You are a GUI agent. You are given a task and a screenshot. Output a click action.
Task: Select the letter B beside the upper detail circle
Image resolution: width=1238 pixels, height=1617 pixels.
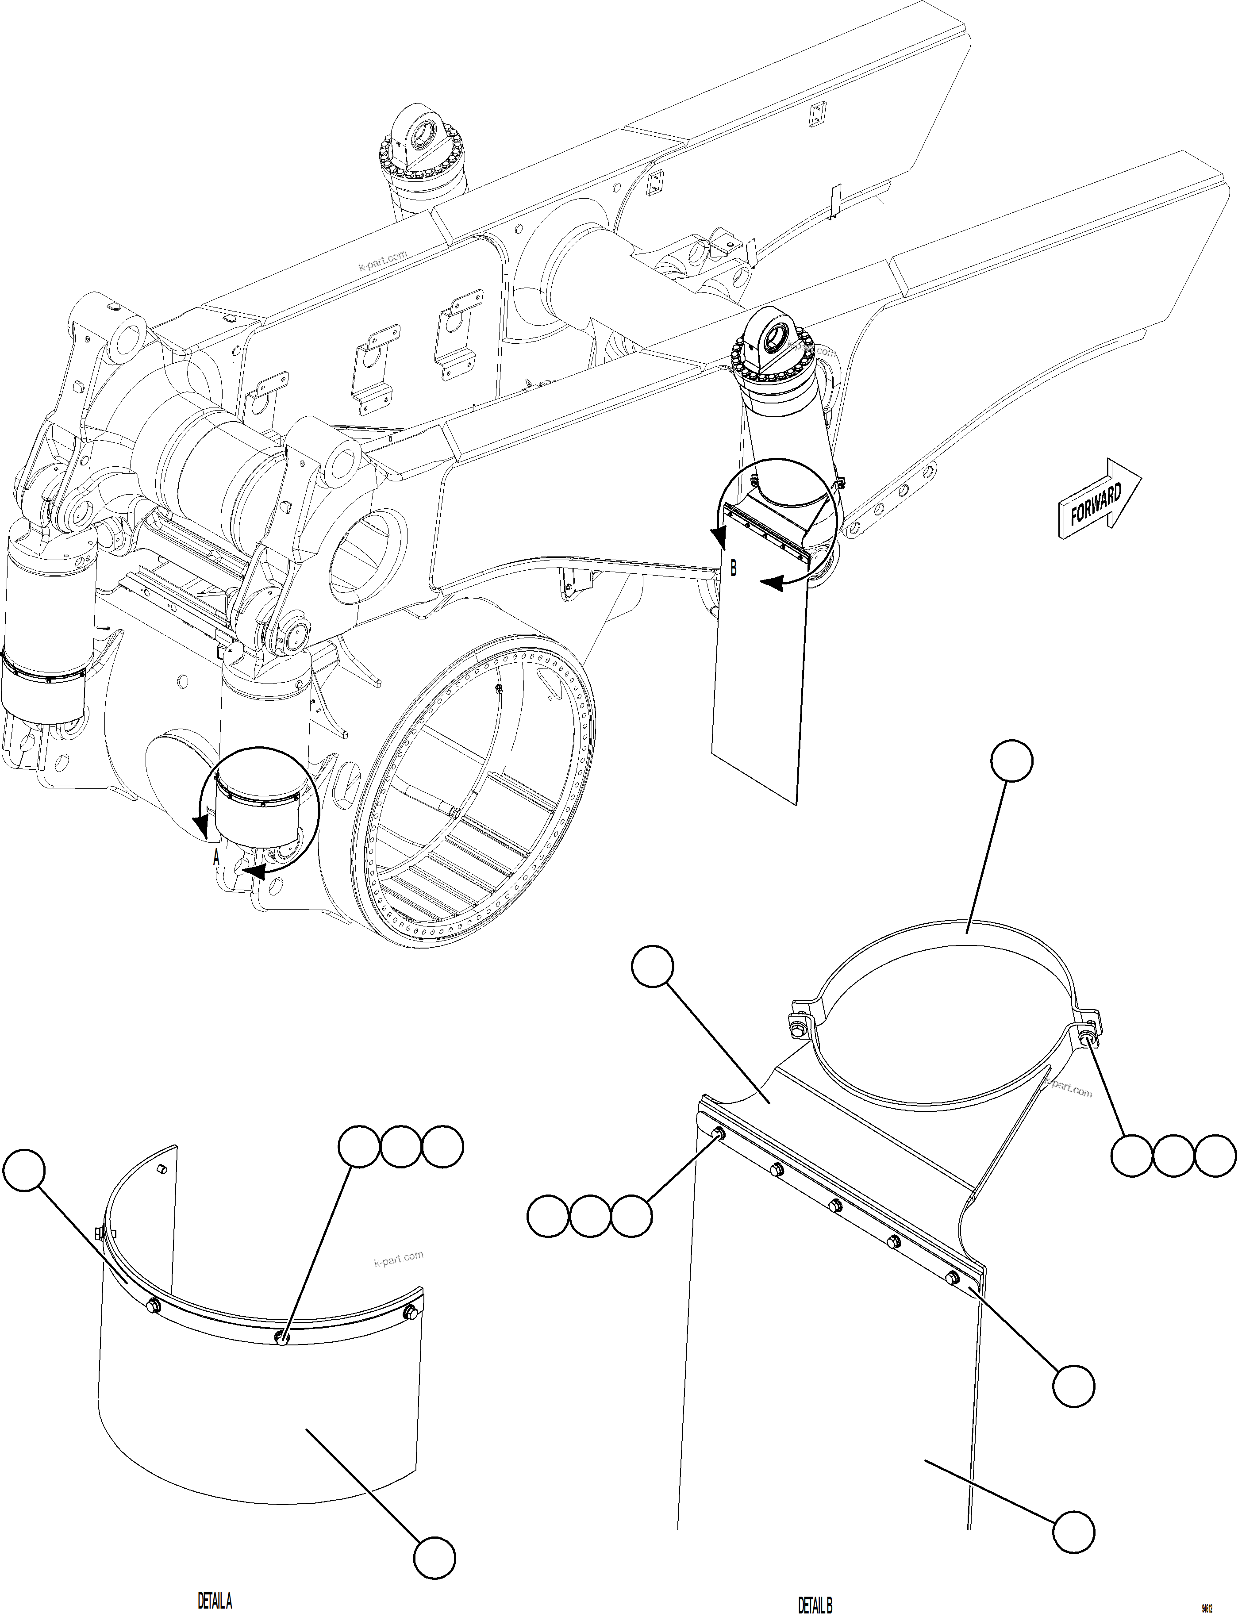(732, 568)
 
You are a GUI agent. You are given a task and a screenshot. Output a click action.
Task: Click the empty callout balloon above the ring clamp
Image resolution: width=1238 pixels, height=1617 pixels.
(1012, 761)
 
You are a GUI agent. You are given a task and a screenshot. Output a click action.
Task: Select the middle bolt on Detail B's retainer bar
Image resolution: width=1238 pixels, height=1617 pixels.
(835, 1205)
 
